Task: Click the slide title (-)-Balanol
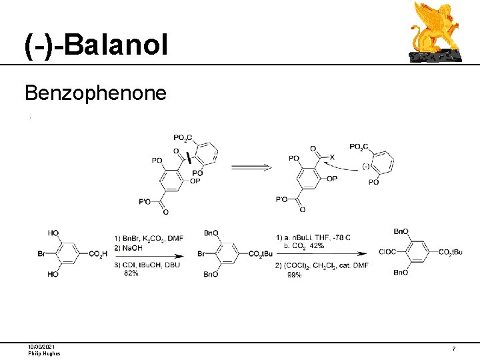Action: point(97,45)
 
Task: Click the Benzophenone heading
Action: point(95,93)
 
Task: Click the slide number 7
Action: point(453,349)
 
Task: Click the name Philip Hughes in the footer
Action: point(44,353)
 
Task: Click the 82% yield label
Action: point(131,273)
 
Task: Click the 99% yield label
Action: point(295,275)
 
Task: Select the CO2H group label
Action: point(96,254)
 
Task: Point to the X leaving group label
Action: point(332,157)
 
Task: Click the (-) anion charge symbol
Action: point(365,165)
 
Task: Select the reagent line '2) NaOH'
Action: point(126,247)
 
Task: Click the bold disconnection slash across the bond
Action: point(189,158)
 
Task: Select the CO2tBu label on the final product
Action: point(450,252)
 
